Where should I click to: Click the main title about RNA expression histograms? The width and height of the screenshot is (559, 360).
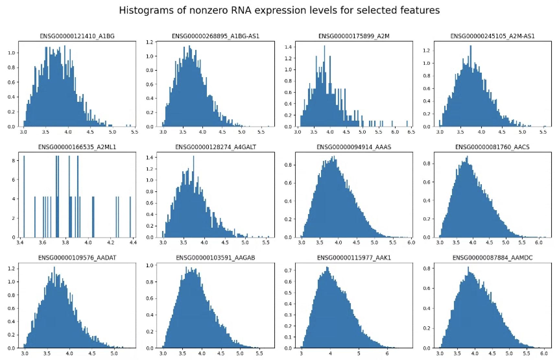click(x=279, y=10)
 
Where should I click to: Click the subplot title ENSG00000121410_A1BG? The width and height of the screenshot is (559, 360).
click(x=77, y=36)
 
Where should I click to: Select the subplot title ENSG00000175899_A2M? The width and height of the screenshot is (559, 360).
click(x=354, y=36)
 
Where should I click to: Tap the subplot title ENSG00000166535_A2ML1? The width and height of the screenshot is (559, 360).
click(x=77, y=147)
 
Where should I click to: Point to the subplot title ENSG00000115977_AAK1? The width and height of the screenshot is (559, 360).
click(x=354, y=258)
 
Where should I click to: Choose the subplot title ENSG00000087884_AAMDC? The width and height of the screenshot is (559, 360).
click(x=492, y=258)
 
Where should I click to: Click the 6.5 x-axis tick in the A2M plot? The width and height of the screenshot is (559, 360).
click(x=411, y=132)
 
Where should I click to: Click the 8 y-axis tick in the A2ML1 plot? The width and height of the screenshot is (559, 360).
click(x=13, y=160)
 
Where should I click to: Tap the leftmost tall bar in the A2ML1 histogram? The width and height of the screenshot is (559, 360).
click(x=24, y=195)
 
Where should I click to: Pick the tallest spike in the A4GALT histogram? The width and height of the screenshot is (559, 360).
click(x=194, y=195)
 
